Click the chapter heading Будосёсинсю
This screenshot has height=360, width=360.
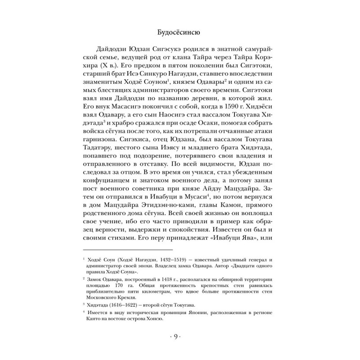pyautogui.click(x=180, y=32)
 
